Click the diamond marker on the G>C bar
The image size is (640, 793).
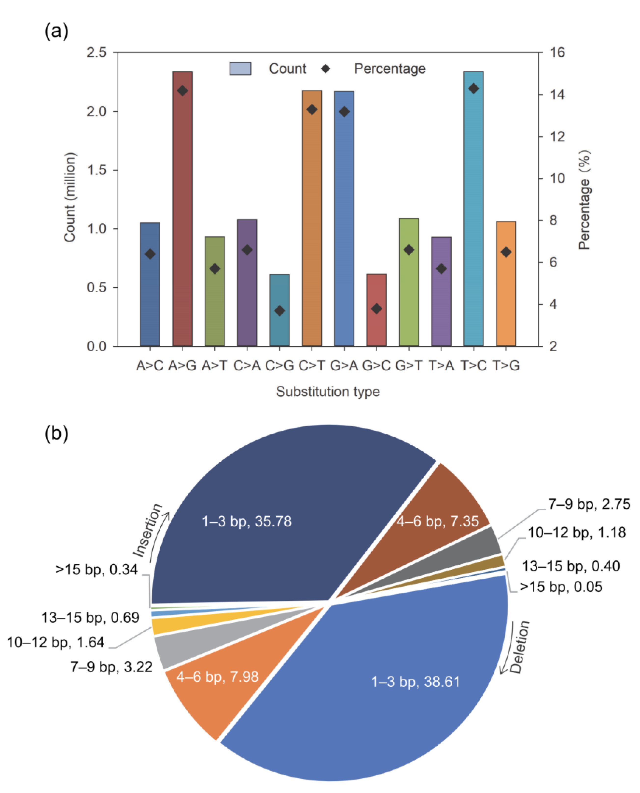coord(376,309)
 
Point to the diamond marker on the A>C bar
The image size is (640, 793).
coord(150,254)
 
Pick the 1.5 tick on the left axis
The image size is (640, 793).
coord(96,170)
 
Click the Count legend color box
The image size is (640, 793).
coord(240,68)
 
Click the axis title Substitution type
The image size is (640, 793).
coord(328,391)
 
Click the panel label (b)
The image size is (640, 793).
coord(56,433)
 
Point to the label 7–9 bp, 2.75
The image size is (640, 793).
coord(589,504)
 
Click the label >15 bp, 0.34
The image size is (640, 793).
coord(97,570)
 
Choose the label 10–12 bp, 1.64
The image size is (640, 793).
coord(56,642)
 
